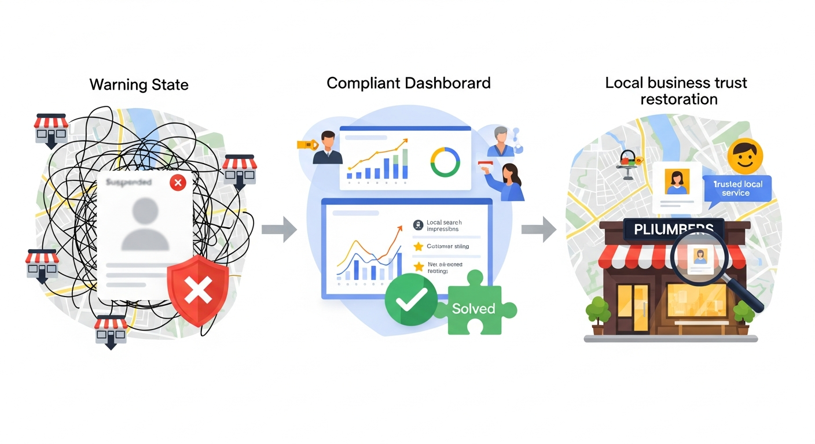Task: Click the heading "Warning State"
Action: [139, 85]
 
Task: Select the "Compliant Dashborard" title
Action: [408, 83]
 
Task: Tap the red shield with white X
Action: [197, 288]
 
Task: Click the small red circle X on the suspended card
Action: [178, 183]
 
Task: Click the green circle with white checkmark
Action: [412, 299]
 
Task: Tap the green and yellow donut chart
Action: [445, 162]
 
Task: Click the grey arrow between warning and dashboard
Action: [278, 230]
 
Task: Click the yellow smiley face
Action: [745, 156]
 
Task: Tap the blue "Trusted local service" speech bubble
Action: [737, 188]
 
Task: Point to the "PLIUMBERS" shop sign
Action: [673, 230]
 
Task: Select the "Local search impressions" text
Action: [444, 225]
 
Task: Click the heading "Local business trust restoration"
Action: [676, 91]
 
